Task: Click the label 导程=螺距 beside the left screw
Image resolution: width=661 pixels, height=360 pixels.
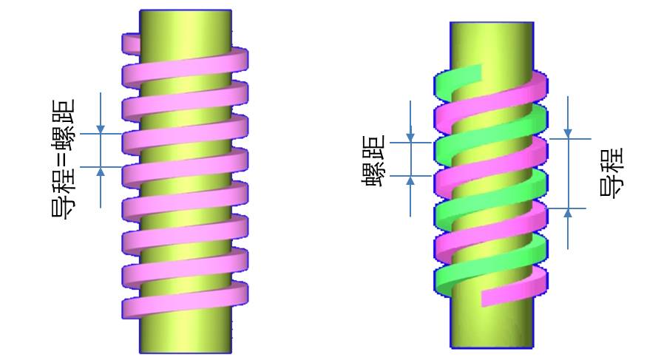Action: click(x=64, y=158)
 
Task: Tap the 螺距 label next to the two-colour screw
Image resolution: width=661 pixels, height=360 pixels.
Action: click(x=373, y=160)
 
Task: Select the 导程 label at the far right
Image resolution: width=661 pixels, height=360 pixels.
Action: click(x=611, y=172)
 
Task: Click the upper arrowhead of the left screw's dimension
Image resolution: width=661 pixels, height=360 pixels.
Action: click(x=101, y=129)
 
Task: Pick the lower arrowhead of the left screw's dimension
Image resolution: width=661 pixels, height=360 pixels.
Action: click(x=101, y=171)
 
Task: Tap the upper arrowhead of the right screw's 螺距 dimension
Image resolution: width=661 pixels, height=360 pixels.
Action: click(x=410, y=137)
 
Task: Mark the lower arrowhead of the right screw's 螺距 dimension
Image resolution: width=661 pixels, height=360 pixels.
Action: click(x=410, y=180)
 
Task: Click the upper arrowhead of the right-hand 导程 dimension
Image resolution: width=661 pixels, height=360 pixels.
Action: click(x=568, y=134)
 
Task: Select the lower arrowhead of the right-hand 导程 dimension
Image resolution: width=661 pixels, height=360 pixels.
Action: click(x=568, y=213)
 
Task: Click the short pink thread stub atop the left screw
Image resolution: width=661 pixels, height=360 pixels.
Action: click(x=131, y=44)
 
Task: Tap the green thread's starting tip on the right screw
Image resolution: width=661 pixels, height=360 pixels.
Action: click(x=476, y=73)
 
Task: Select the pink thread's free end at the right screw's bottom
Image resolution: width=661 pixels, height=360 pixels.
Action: click(x=488, y=298)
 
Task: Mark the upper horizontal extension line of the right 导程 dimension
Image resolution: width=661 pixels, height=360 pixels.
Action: click(x=569, y=139)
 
